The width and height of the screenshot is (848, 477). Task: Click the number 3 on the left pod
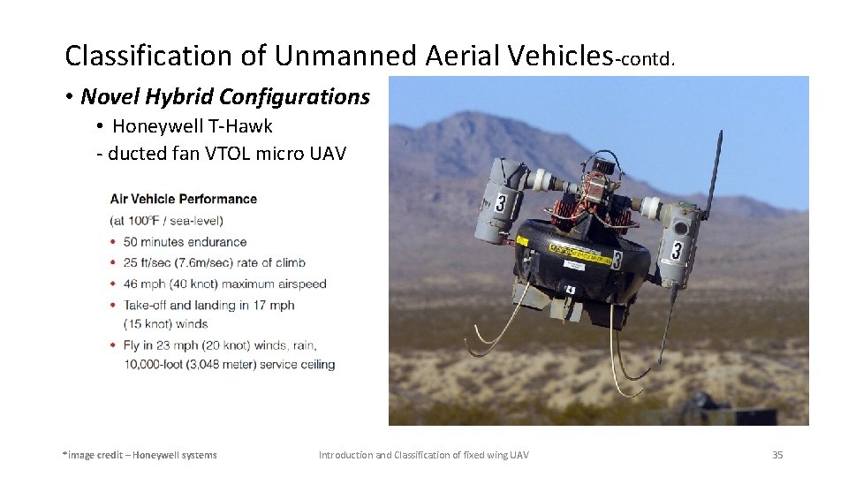pyautogui.click(x=501, y=204)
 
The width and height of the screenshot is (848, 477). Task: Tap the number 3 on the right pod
pyautogui.click(x=676, y=250)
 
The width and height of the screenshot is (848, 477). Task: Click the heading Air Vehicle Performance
pyautogui.click(x=183, y=199)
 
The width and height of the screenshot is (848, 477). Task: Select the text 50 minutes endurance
pyautogui.click(x=185, y=242)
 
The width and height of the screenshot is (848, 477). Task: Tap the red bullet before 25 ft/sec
pyautogui.click(x=112, y=262)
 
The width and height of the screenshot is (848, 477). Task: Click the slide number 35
pyautogui.click(x=777, y=455)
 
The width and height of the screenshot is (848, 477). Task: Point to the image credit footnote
pyautogui.click(x=140, y=455)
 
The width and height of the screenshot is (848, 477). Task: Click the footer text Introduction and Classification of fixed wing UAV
pyautogui.click(x=424, y=455)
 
